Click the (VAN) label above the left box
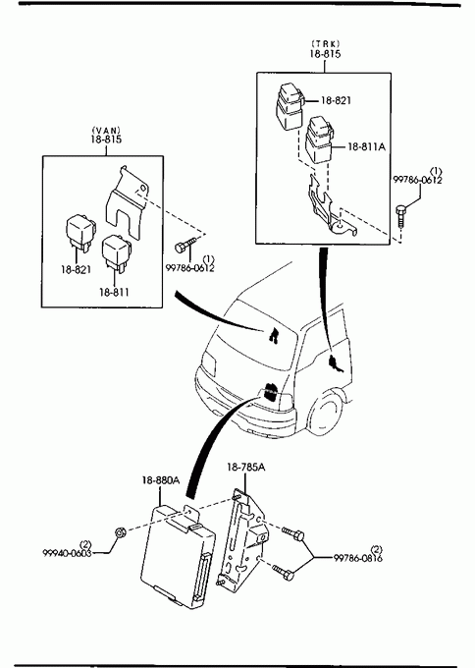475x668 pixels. pos(106,130)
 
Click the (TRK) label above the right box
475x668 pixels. pos(326,43)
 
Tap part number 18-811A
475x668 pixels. pos(366,146)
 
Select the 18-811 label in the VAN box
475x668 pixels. pos(114,293)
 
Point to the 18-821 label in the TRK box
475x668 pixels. pos(336,100)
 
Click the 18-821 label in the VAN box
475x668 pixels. pos(76,269)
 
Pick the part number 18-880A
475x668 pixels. pos(161,480)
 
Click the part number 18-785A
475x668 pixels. pos(245,467)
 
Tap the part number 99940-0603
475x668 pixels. pos(68,553)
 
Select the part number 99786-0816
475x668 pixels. pos(357,558)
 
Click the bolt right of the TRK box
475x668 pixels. pos(400,217)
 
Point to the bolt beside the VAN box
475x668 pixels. pos(185,245)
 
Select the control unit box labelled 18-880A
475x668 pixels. pos(178,556)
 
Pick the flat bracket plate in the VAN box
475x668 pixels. pos(127,202)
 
